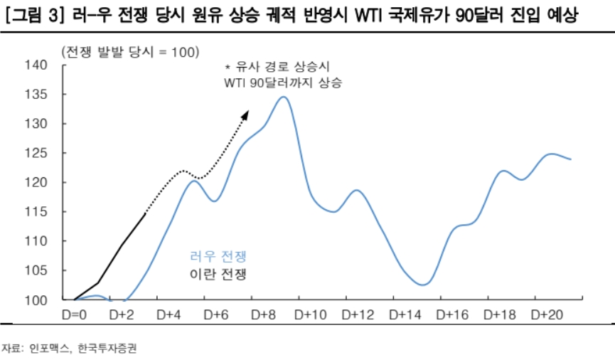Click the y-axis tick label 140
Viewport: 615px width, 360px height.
click(36, 65)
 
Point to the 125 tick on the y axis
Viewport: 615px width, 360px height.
click(36, 153)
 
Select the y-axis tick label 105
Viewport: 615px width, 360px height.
click(36, 270)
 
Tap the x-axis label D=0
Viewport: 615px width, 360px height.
click(74, 314)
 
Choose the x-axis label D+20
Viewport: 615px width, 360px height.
click(545, 314)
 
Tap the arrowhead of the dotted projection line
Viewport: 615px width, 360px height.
click(246, 112)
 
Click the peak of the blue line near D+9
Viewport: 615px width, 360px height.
click(282, 97)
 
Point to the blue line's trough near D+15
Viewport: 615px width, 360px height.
click(422, 285)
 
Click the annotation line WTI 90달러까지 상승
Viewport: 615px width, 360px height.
click(283, 83)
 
